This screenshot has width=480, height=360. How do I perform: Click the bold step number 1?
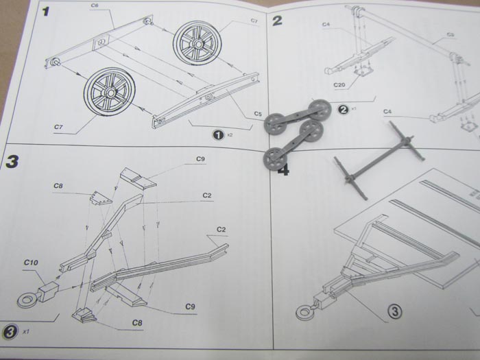click(x=46, y=12)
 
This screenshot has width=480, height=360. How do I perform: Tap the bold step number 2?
click(x=277, y=20)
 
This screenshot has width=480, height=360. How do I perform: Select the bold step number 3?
click(x=12, y=162)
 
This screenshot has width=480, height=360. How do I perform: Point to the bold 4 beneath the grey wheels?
click(x=282, y=168)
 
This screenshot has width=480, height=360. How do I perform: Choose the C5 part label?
click(x=258, y=113)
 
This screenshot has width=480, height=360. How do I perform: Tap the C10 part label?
click(x=30, y=262)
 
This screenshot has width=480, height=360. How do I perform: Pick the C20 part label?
click(x=339, y=86)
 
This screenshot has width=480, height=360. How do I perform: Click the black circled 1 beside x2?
click(x=219, y=134)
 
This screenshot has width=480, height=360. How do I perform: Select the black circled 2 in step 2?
click(x=344, y=108)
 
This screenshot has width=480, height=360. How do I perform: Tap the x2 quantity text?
click(x=230, y=135)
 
